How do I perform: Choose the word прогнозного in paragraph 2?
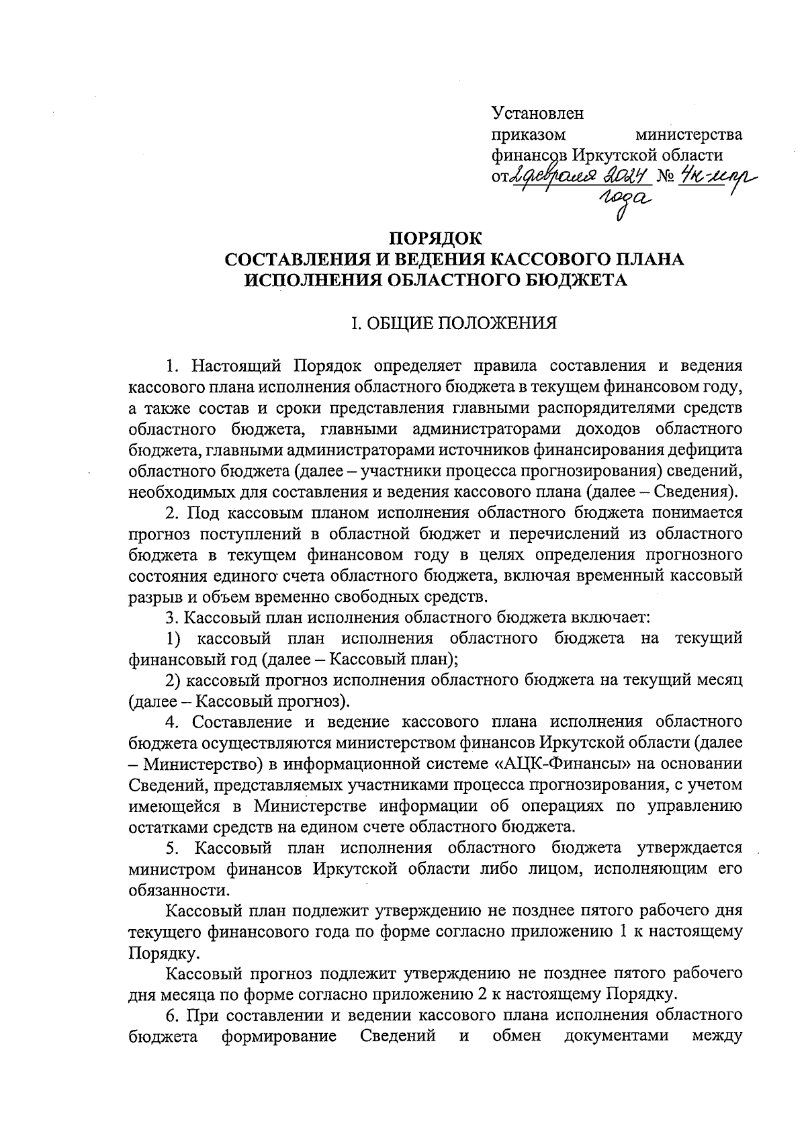[694, 555]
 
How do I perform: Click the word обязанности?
[178, 890]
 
